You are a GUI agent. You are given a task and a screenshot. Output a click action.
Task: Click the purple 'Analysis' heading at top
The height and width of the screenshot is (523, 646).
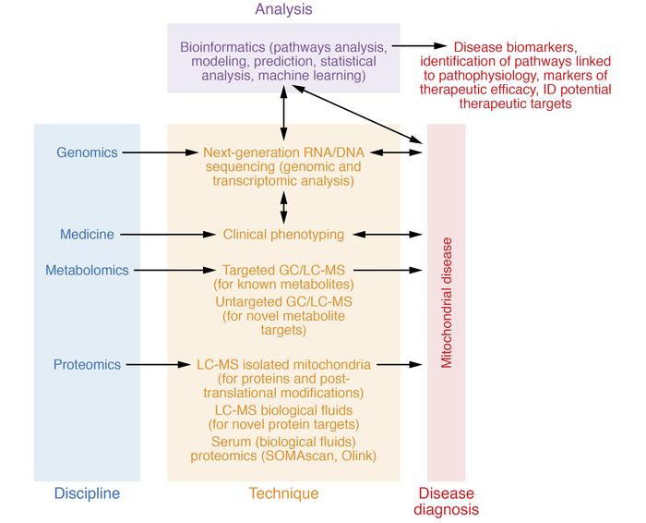click(283, 9)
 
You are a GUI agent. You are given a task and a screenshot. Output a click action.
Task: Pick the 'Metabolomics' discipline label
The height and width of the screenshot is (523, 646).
click(88, 270)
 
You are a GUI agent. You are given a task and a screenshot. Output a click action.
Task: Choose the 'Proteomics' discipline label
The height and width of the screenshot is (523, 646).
click(88, 365)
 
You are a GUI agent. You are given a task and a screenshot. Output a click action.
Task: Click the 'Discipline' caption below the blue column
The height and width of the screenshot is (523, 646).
click(87, 493)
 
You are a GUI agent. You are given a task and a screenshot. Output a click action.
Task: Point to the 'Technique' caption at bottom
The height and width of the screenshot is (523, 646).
click(283, 493)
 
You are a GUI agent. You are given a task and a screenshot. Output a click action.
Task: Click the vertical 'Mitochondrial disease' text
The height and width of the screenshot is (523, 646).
click(447, 300)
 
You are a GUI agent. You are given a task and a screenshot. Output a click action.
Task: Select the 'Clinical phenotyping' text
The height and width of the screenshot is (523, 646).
click(283, 235)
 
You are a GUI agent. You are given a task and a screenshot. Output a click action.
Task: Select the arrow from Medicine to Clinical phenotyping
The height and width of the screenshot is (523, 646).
click(166, 235)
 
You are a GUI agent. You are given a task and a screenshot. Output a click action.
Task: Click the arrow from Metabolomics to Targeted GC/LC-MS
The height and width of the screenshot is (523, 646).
click(173, 270)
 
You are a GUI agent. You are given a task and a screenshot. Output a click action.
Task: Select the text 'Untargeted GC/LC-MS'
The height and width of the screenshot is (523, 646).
click(283, 301)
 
